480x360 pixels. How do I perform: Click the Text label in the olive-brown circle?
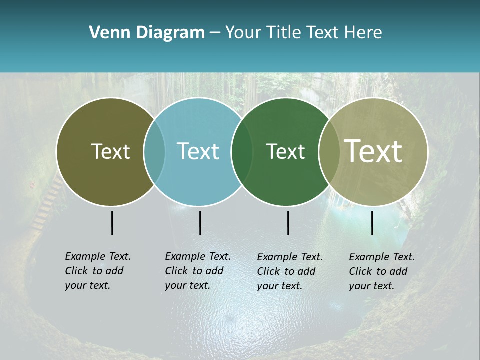[110, 152]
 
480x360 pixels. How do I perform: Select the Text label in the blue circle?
[198, 152]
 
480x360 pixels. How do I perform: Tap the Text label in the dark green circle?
[285, 152]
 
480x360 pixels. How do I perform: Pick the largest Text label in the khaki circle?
[373, 151]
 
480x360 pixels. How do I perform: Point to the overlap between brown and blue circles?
[154, 152]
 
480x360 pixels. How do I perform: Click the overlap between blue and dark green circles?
[242, 152]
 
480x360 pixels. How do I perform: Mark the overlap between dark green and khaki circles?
[329, 152]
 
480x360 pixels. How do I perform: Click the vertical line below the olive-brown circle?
[112, 223]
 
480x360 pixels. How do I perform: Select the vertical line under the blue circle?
[200, 223]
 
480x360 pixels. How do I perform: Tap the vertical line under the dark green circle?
[288, 223]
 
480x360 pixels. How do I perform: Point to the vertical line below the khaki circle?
[372, 223]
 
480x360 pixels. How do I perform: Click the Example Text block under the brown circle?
[97, 271]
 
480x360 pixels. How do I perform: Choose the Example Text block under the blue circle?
[197, 271]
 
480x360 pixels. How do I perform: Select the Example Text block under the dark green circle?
[289, 271]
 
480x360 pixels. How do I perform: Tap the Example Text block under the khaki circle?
[381, 271]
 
